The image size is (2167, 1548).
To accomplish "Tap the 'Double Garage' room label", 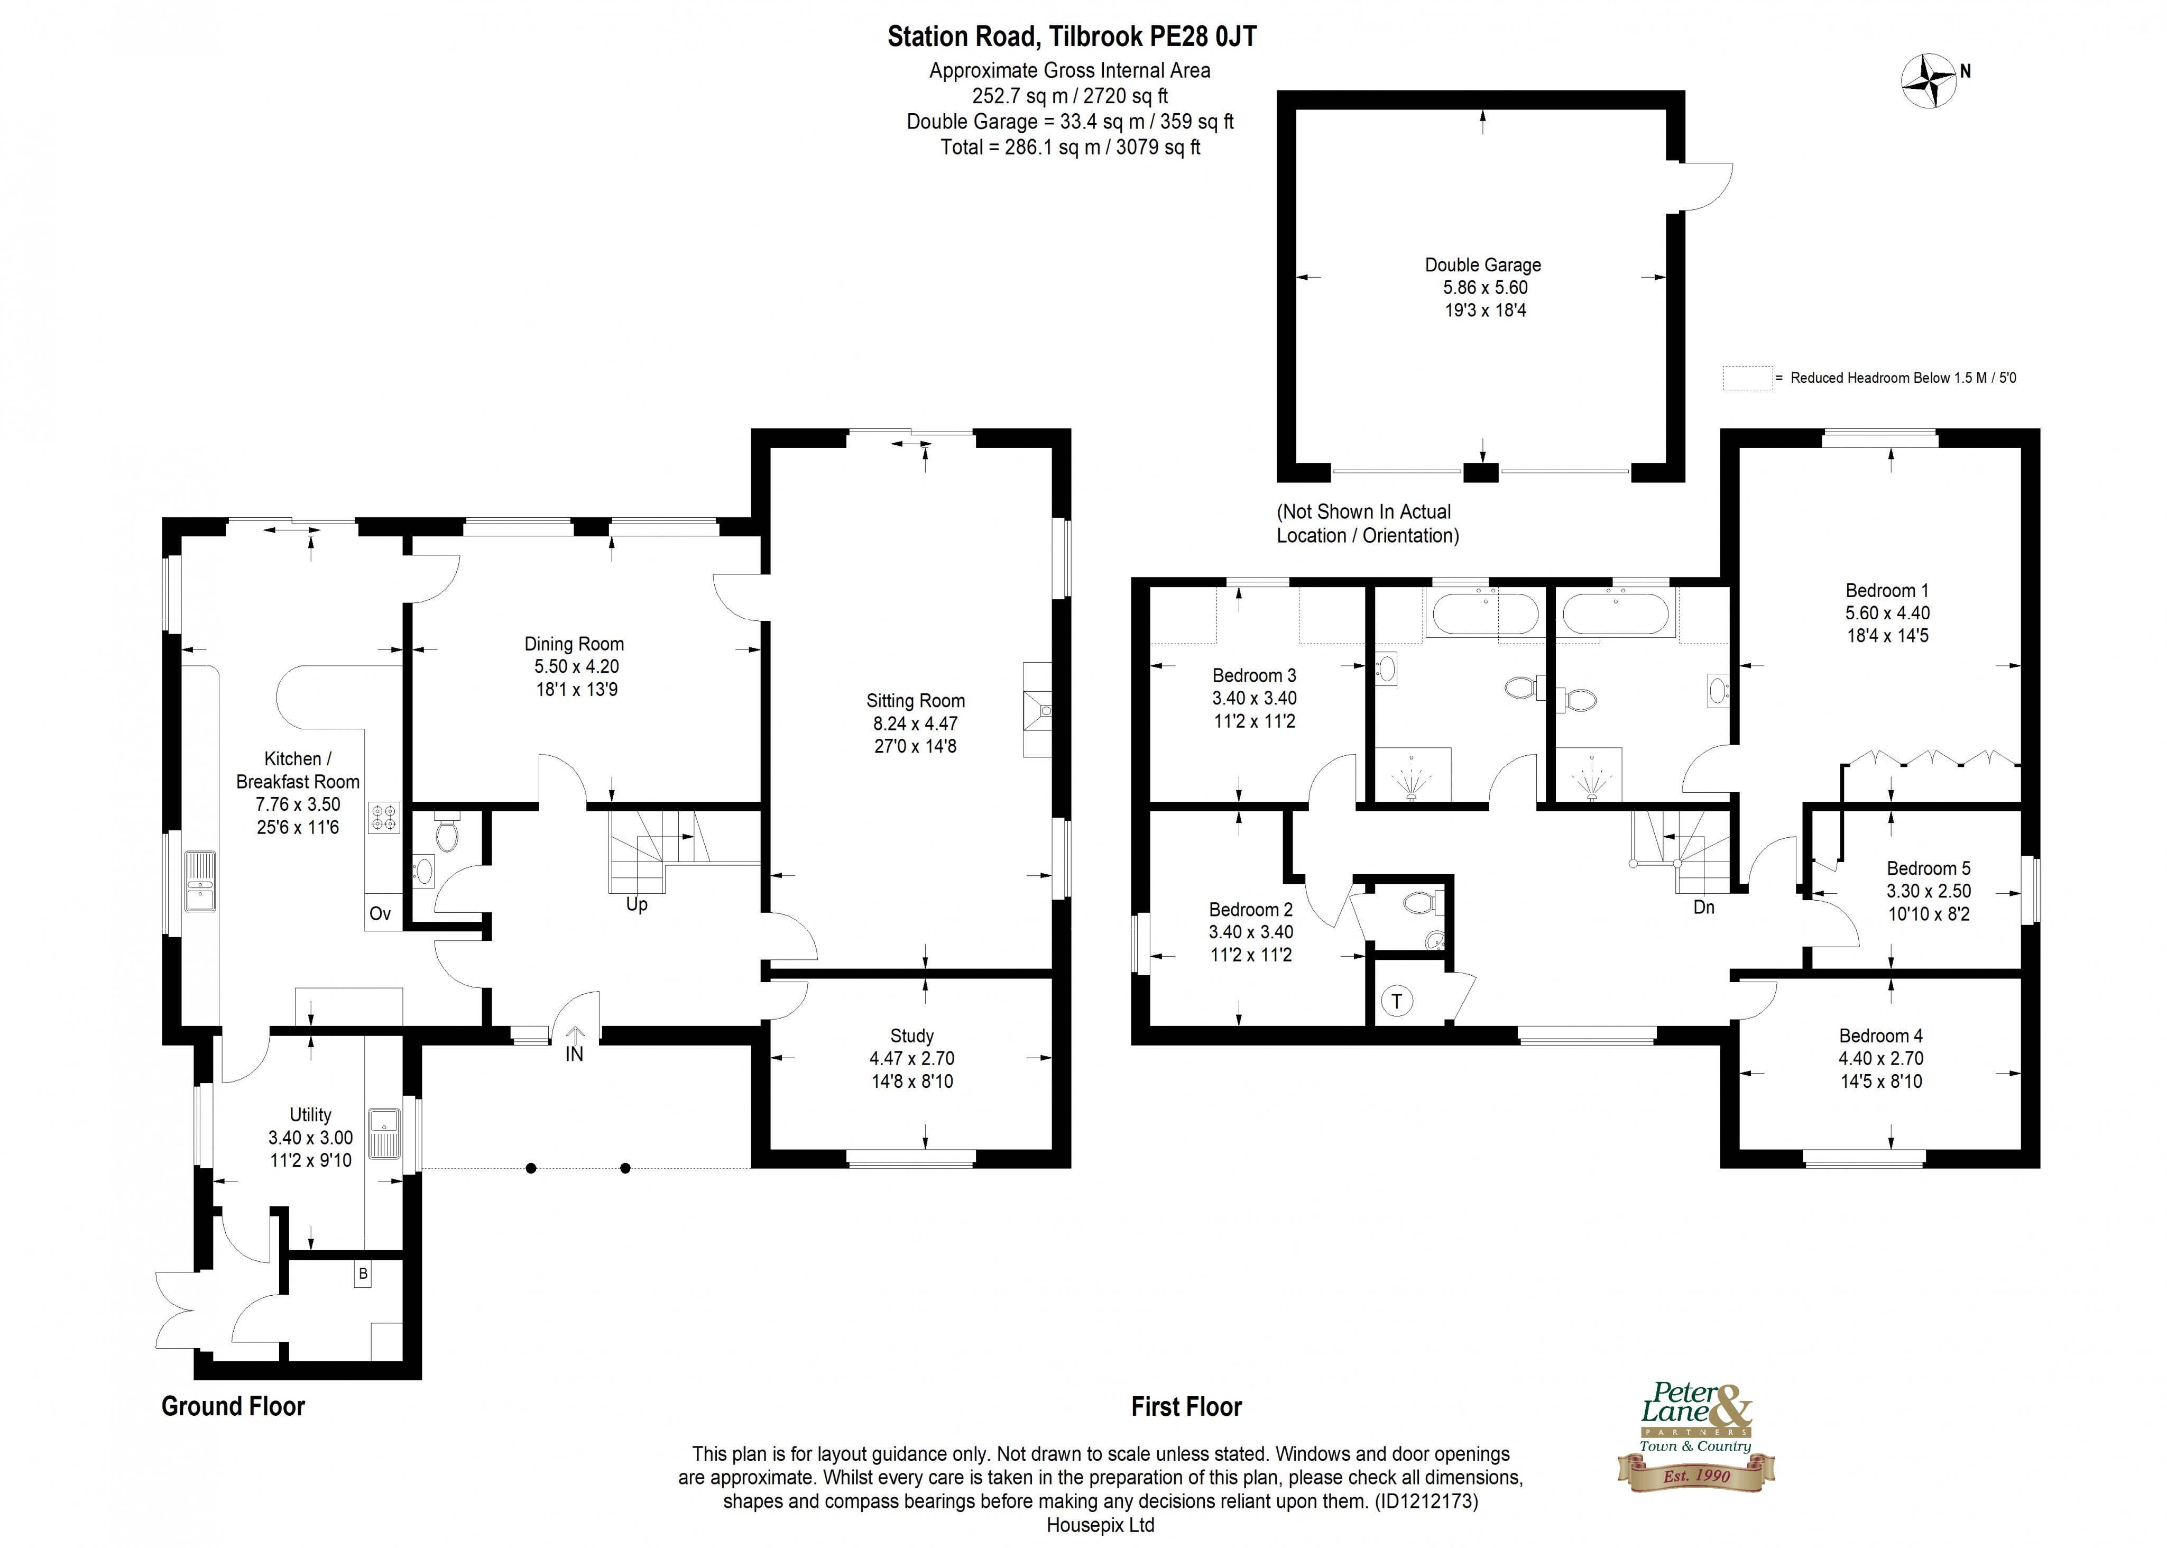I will coord(1483,265).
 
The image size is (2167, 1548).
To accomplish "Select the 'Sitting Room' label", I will coord(915,701).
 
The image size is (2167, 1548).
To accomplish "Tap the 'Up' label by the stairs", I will coord(637,904).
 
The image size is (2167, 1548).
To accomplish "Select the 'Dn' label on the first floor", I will coord(1704,908).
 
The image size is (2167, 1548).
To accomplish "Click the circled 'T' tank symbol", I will coord(1397,1001).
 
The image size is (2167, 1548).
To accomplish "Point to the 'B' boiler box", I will coord(362,1274).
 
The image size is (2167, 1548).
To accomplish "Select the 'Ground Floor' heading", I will coord(234,1406).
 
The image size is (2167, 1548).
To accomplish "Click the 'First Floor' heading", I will coord(1186,1407).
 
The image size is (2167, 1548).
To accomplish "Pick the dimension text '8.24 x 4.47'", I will coord(915,723).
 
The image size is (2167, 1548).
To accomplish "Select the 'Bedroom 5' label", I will coord(1929,868).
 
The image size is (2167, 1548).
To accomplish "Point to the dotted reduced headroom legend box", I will coord(1746,378).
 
